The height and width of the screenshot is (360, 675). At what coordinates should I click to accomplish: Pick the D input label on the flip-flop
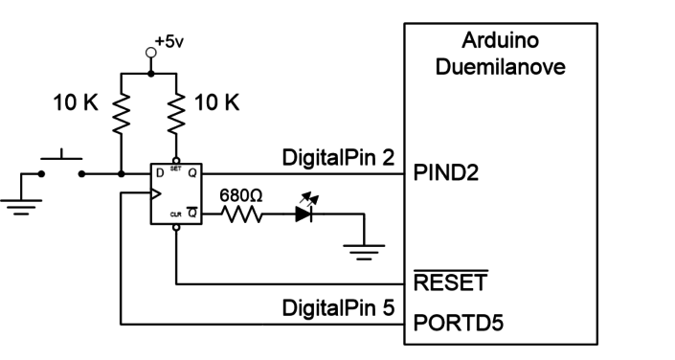tap(160, 175)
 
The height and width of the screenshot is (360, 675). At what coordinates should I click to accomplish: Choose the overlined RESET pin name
tap(449, 284)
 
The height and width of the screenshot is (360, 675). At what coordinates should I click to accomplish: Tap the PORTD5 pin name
tap(453, 323)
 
